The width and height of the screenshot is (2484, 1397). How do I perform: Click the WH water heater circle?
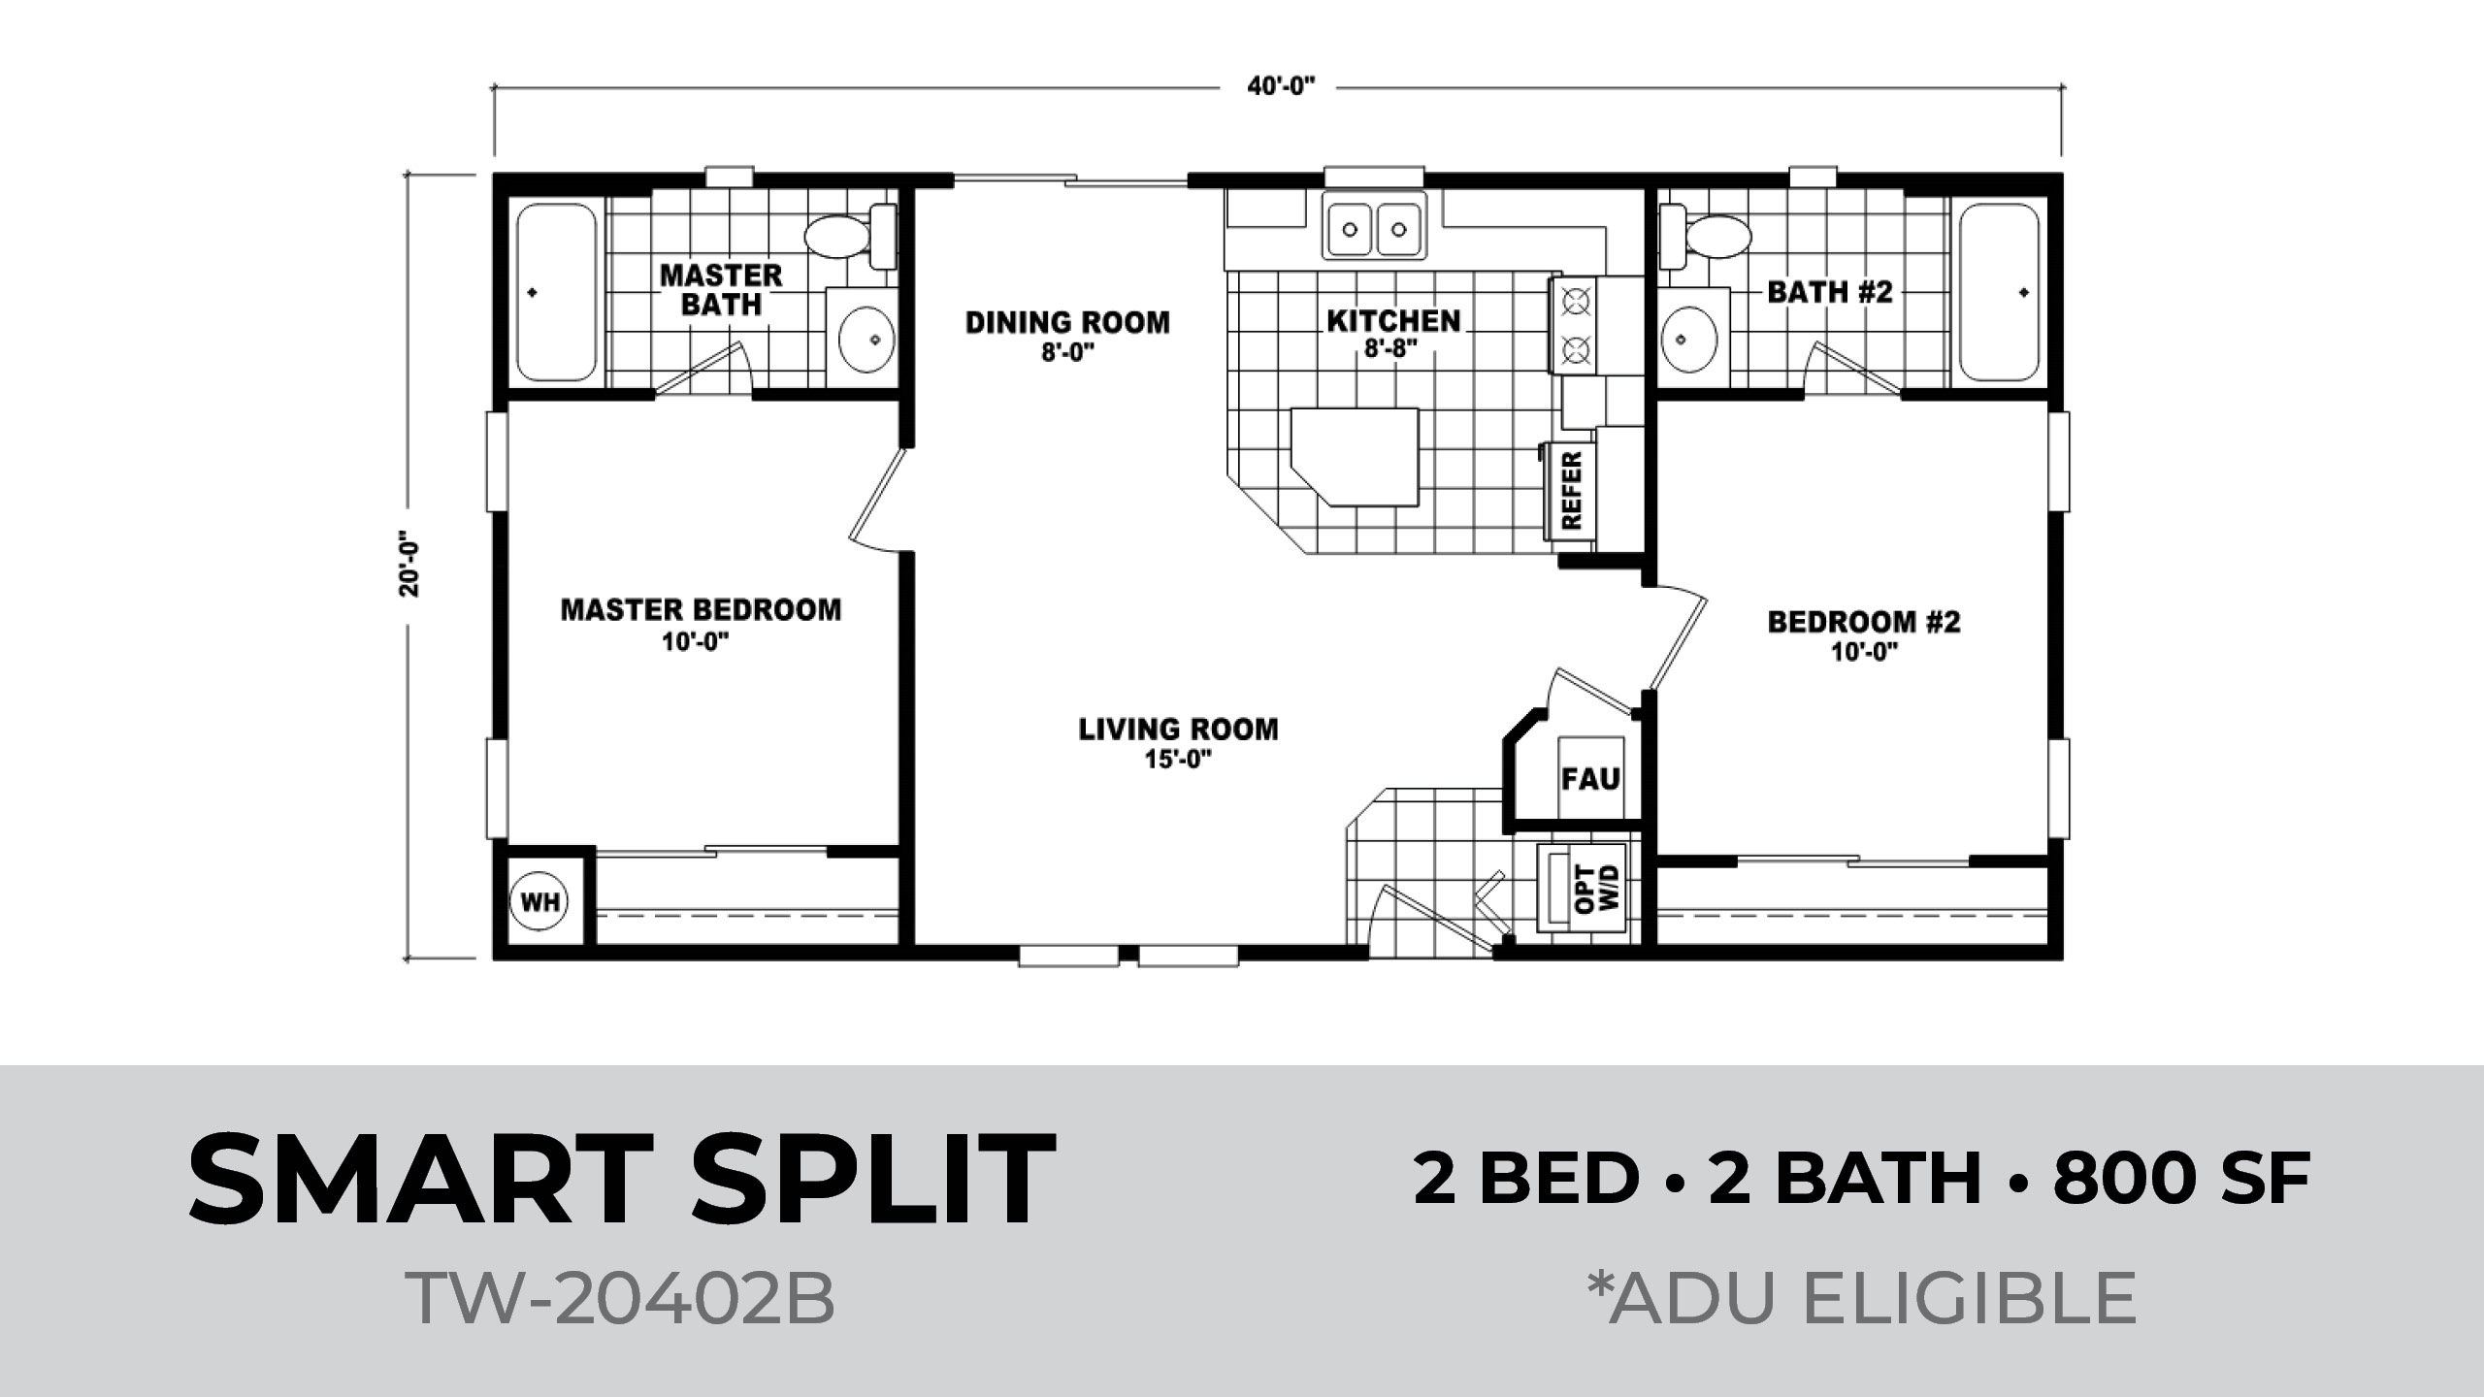(x=539, y=902)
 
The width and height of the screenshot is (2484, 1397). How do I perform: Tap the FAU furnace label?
(x=1591, y=778)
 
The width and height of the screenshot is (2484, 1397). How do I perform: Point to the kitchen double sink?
(x=1375, y=229)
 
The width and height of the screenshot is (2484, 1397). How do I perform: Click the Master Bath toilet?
(x=850, y=236)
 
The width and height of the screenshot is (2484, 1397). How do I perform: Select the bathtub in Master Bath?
(x=553, y=292)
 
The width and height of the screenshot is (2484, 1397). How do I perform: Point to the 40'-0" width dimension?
(x=1281, y=86)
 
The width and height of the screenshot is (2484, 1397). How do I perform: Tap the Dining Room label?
(x=1067, y=322)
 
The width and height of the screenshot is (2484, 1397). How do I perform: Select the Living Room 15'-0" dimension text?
(x=1179, y=761)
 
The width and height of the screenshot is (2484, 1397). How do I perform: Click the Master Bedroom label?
(x=701, y=609)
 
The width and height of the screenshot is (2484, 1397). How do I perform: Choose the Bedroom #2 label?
(x=1864, y=621)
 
